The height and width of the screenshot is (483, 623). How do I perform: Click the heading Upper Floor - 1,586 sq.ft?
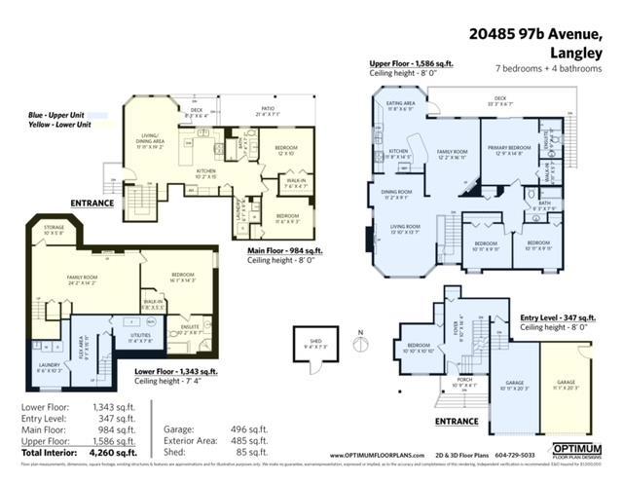[x=411, y=63]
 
